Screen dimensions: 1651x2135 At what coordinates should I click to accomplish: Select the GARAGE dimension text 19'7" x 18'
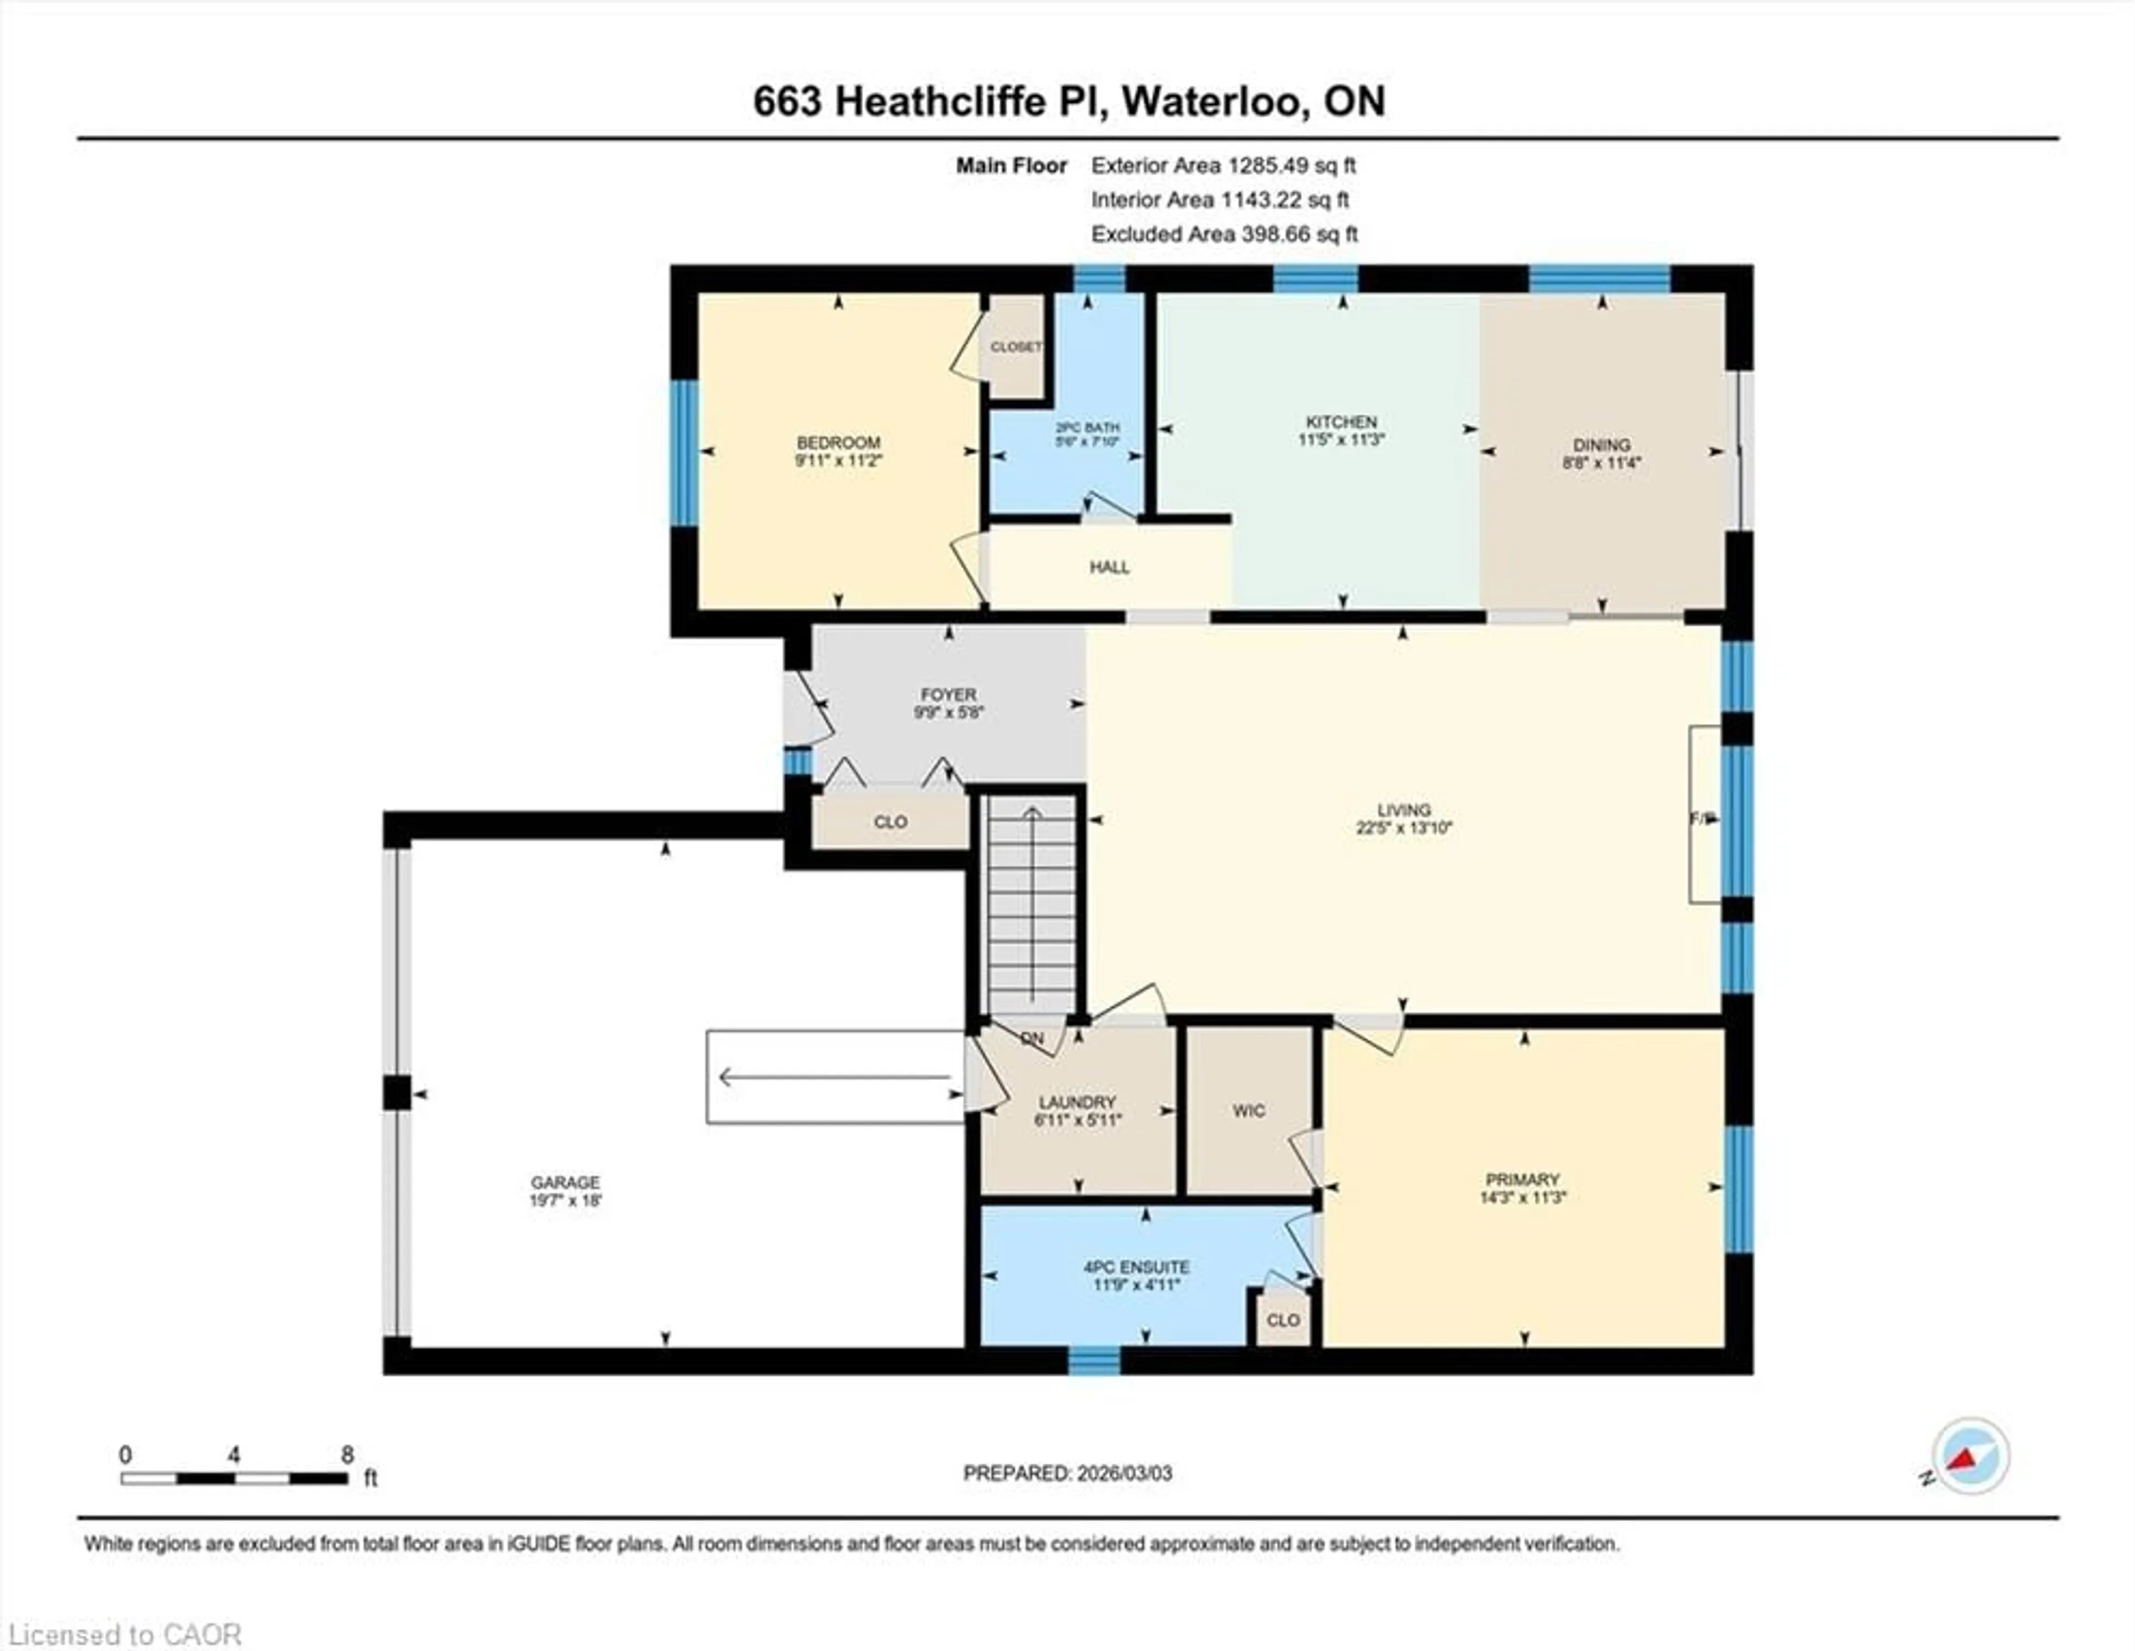coord(565,1200)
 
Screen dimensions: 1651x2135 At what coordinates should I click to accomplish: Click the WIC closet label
coord(1248,1111)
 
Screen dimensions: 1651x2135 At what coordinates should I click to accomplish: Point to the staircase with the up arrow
coord(1031,904)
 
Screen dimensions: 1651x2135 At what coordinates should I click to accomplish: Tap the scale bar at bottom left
coord(235,1478)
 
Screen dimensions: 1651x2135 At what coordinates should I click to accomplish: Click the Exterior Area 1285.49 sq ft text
coord(1223,165)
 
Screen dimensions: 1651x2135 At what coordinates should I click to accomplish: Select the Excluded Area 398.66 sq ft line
coord(1224,233)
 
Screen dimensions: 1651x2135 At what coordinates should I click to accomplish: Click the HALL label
coord(1110,567)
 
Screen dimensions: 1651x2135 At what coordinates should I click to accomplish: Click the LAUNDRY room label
coord(1076,1102)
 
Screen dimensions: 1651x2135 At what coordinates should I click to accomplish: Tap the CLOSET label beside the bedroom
coord(1016,347)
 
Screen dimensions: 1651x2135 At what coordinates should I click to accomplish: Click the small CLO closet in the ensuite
coord(1283,1320)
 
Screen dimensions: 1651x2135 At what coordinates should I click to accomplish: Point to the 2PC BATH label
coord(1087,427)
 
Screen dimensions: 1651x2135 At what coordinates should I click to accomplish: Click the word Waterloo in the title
coord(1215,102)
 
